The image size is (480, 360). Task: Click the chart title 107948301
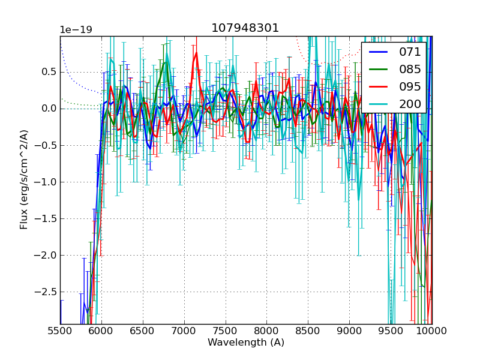tap(245, 28)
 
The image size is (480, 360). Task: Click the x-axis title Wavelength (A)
tap(246, 343)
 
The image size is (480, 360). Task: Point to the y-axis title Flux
tap(24, 179)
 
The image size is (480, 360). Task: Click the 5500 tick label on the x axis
tap(60, 331)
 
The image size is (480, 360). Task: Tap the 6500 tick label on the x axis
tap(143, 331)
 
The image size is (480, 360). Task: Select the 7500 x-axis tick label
tap(226, 331)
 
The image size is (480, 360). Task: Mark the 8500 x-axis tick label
tap(308, 331)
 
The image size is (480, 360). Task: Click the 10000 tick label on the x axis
tap(432, 331)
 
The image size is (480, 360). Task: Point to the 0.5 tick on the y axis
tap(48, 71)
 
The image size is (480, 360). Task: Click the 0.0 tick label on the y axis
tap(48, 109)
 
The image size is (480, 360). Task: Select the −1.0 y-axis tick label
tap(46, 182)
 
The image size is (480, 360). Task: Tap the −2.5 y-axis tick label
tap(46, 292)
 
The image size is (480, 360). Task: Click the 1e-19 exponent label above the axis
tap(76, 30)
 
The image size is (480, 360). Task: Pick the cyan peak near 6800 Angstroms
tap(167, 56)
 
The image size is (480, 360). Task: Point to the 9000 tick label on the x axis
tap(349, 331)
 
